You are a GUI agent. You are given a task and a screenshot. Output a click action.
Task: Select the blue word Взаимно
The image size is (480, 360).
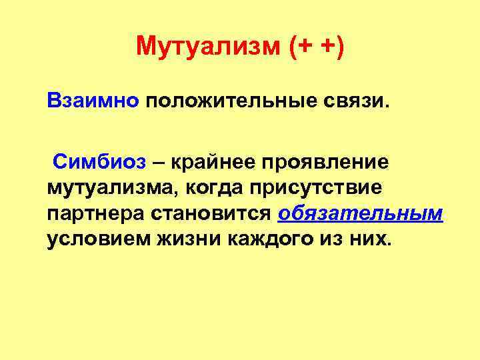(92, 102)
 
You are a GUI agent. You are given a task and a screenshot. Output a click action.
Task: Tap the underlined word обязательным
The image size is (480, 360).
(361, 214)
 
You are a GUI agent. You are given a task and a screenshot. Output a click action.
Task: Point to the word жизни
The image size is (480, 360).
(180, 239)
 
